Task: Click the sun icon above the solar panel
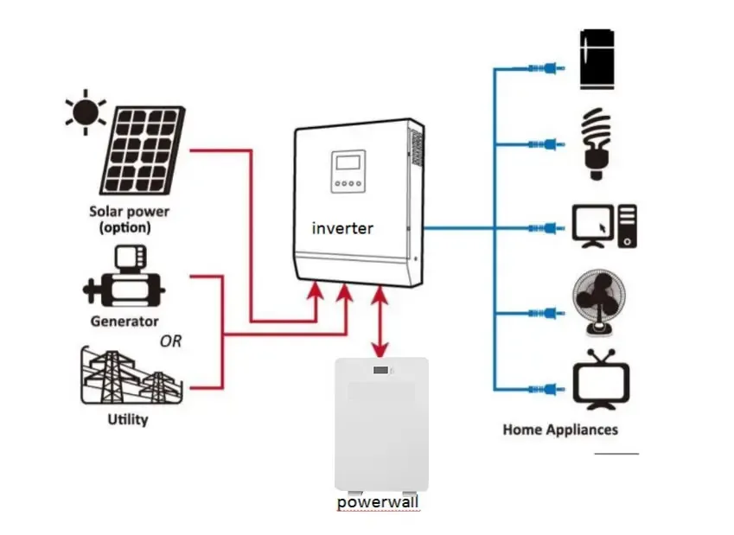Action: click(x=85, y=112)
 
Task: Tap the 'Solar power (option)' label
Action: click(x=130, y=220)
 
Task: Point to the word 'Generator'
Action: click(x=124, y=322)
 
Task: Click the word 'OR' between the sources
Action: click(x=171, y=341)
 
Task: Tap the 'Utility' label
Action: click(x=128, y=420)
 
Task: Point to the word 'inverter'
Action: click(x=343, y=228)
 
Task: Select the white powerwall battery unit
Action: click(x=381, y=424)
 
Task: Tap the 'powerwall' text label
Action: click(x=380, y=501)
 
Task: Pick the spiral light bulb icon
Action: click(x=595, y=143)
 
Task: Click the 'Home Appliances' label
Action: click(x=560, y=430)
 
